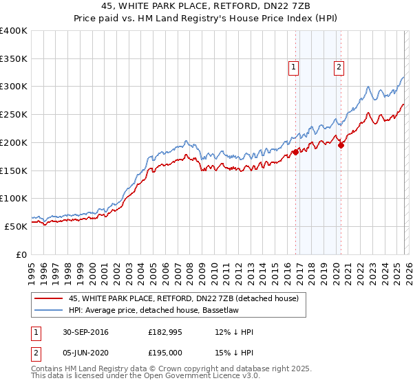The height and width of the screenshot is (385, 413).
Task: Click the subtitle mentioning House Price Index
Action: pos(206,19)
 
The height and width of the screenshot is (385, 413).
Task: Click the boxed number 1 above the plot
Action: pos(294,67)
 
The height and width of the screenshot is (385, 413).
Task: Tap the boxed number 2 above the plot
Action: pos(339,67)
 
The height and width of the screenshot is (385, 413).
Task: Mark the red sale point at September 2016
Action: pos(295,152)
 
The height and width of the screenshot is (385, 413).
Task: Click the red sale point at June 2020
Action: pos(341,145)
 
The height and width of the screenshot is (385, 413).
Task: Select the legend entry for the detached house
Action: pos(183,298)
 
